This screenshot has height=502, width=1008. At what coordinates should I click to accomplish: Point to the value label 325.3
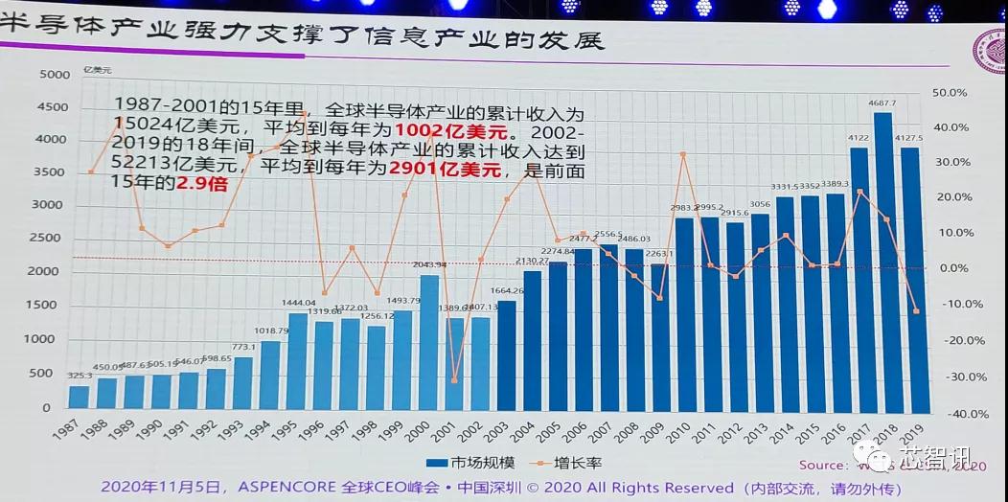(80, 376)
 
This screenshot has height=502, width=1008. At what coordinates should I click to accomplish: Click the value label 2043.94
(429, 265)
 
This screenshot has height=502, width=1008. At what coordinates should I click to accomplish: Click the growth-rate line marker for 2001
(454, 380)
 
